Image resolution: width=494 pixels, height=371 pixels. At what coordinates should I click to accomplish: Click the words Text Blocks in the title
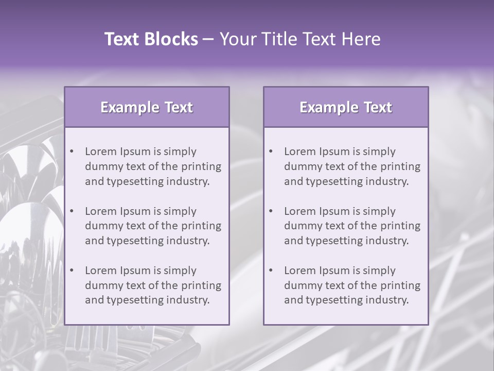[151, 39]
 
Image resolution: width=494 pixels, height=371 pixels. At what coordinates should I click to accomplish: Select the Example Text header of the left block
[147, 107]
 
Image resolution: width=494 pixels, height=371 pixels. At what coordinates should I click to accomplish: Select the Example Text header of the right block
[346, 107]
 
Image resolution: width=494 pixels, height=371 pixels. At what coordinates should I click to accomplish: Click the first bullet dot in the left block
[72, 151]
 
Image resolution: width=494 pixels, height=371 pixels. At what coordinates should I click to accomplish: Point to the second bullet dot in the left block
[72, 211]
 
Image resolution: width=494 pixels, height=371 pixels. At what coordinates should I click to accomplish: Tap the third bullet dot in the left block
[72, 271]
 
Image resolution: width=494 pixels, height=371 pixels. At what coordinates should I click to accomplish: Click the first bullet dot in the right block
[271, 151]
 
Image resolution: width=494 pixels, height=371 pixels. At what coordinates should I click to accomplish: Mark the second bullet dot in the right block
[271, 211]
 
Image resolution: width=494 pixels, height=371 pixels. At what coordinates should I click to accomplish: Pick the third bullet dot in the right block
[271, 271]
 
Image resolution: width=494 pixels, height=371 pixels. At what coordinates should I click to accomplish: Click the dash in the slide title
[208, 39]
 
